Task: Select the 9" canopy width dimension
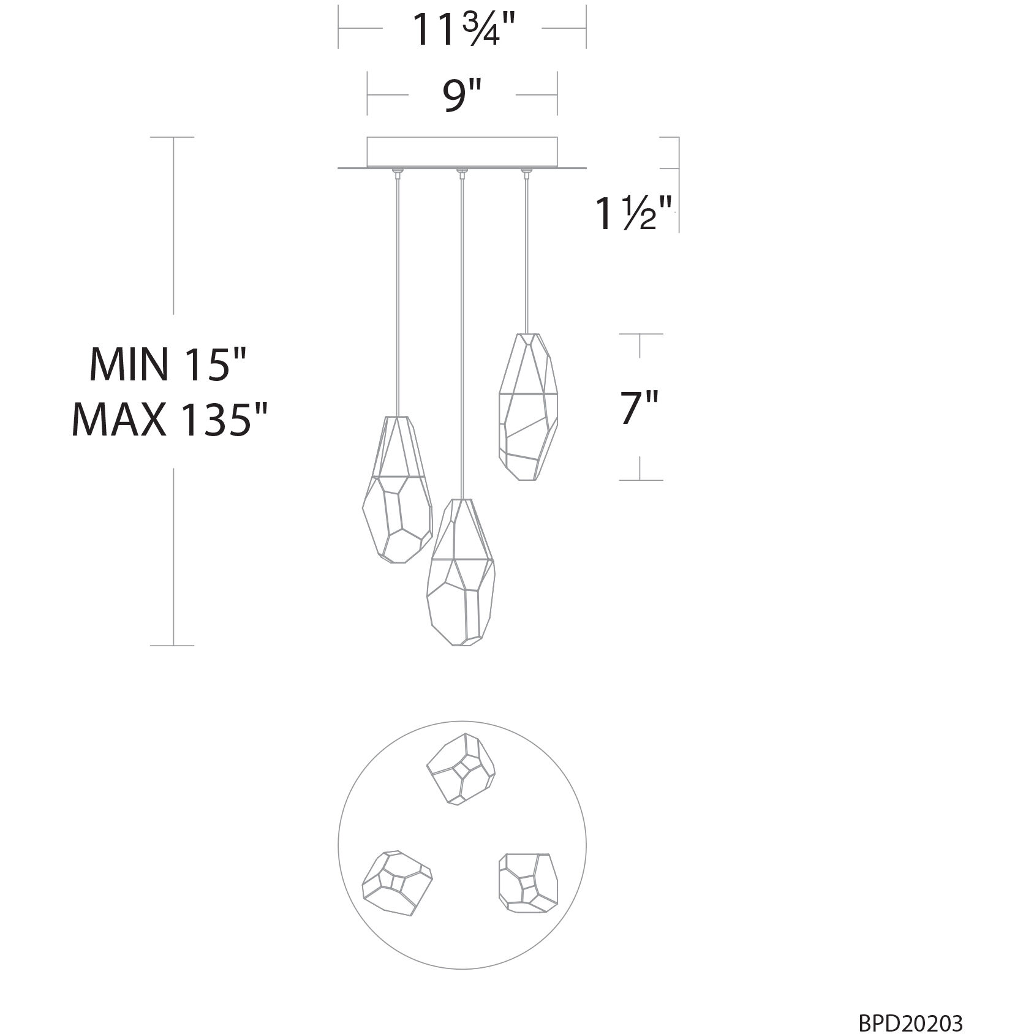click(x=462, y=95)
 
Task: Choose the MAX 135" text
click(x=170, y=420)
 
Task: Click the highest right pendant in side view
click(x=527, y=406)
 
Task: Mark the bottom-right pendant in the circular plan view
click(x=528, y=880)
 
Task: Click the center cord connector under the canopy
click(x=461, y=173)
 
